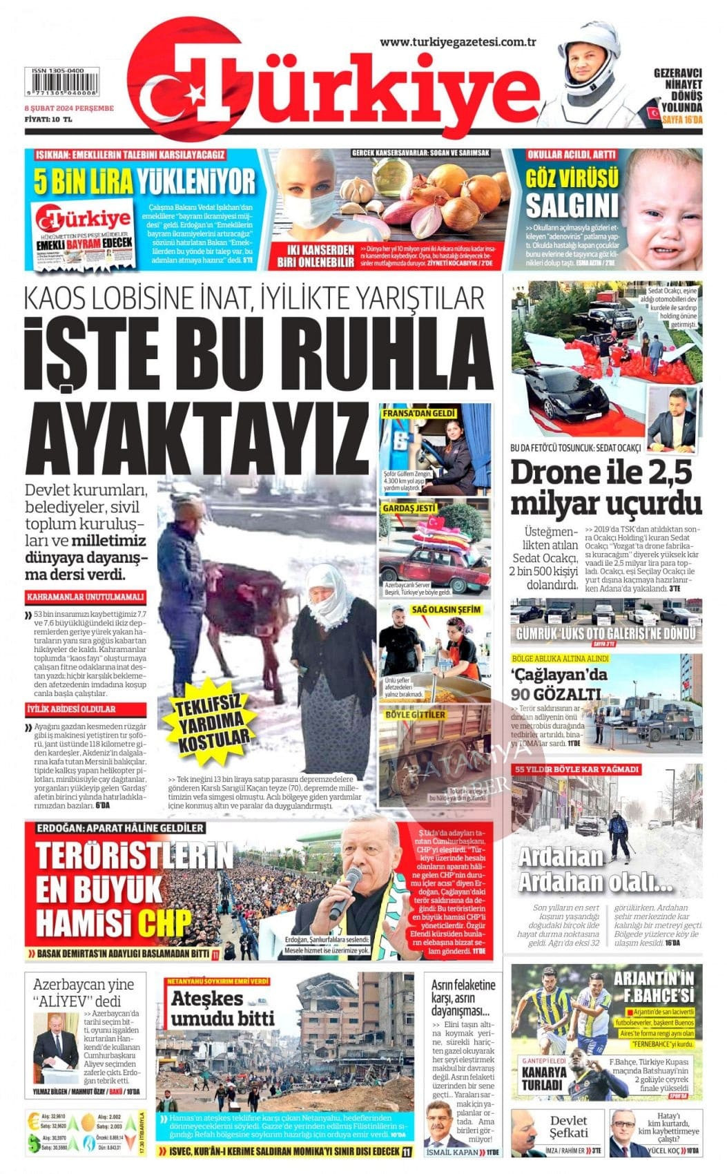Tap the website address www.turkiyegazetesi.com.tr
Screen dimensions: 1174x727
[x=458, y=43]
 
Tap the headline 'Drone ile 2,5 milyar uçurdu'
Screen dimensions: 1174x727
[x=605, y=487]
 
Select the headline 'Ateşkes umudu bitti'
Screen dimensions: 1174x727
[x=222, y=1009]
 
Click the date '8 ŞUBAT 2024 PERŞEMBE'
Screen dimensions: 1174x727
[x=69, y=108]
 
